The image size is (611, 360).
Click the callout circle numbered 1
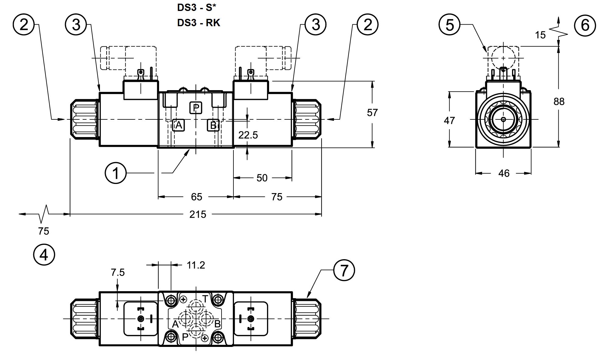[x=115, y=173]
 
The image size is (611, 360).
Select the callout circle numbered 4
[x=44, y=255]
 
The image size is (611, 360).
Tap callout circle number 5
[x=450, y=24]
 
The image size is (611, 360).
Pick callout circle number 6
[x=585, y=25]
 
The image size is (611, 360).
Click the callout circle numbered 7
[x=344, y=270]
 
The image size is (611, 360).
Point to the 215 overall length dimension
[x=198, y=214]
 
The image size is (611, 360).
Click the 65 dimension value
[x=197, y=197]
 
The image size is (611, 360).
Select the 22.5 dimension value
[x=248, y=135]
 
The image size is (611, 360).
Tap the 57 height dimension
[x=372, y=113]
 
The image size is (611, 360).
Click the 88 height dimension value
[x=559, y=101]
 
